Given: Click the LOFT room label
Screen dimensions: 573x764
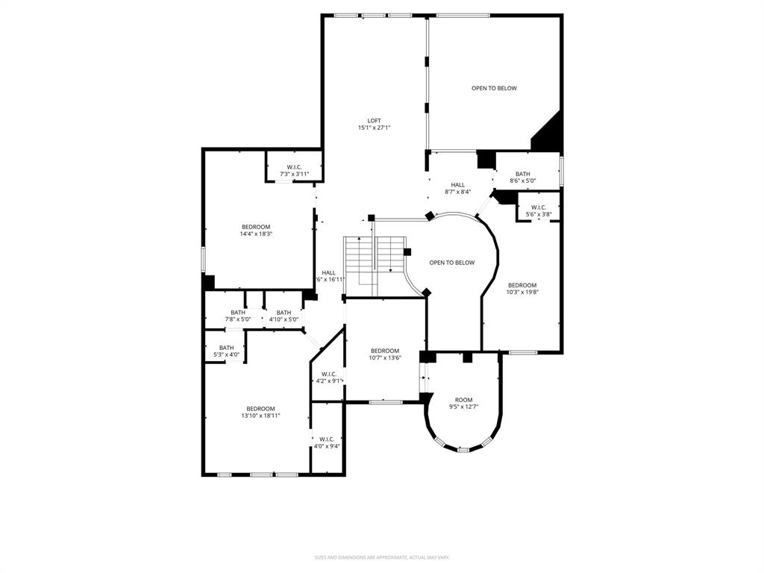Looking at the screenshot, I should pos(374,121).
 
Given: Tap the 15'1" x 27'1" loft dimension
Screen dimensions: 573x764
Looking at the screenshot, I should pos(374,128).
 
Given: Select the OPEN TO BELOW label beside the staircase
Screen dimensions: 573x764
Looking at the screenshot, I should pos(451,263).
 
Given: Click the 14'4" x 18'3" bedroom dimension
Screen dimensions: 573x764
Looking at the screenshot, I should pos(255,234).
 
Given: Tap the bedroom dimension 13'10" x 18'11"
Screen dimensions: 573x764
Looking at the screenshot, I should pos(260,416).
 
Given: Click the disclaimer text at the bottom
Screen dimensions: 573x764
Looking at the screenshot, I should pos(381,557).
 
